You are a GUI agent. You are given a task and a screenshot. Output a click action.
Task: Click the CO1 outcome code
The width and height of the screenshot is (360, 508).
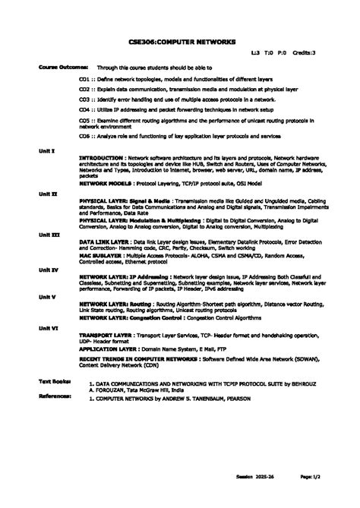point(85,78)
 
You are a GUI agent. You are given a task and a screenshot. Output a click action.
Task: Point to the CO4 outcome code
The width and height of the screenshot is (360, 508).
point(85,109)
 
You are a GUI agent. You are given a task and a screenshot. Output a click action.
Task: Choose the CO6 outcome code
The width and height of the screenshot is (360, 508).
point(85,136)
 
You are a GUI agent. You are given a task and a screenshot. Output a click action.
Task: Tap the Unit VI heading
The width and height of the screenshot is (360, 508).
point(49,327)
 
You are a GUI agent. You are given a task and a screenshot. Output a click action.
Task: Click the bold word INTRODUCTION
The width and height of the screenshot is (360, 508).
point(103,157)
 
